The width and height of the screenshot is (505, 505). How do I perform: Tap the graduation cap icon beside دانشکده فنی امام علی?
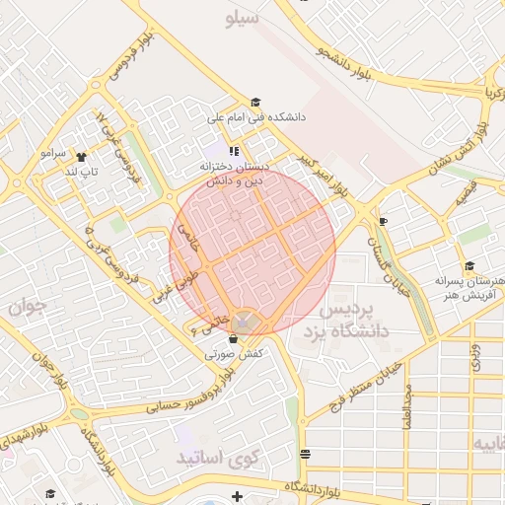click(255, 102)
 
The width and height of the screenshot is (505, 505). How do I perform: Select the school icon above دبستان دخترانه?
click(234, 151)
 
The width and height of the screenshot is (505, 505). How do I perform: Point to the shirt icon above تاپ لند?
click(80, 156)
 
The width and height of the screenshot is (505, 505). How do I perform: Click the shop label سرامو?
click(52, 155)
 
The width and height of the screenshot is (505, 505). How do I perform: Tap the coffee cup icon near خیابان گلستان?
click(383, 221)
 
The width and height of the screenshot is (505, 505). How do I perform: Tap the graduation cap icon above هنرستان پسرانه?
click(469, 266)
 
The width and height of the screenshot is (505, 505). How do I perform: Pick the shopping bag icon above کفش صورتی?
click(233, 338)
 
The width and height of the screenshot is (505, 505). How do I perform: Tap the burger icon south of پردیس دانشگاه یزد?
click(305, 454)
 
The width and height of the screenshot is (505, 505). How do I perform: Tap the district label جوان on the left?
click(28, 307)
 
